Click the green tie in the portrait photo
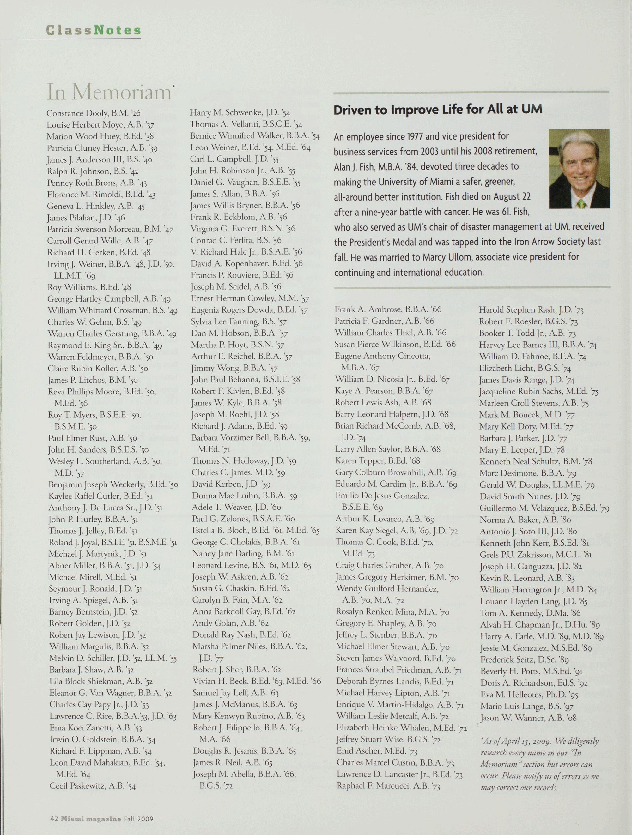pos(581,203)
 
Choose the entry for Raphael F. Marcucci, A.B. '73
pos(388,785)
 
